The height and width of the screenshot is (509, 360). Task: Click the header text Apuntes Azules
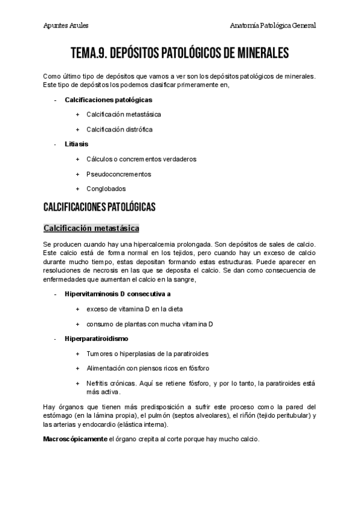click(x=66, y=26)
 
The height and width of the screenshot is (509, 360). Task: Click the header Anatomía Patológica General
click(x=273, y=26)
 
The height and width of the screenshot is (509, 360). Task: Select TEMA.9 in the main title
click(x=89, y=53)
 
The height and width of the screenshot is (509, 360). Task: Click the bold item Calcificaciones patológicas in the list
click(x=108, y=99)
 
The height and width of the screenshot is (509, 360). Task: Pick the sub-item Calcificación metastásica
click(x=123, y=114)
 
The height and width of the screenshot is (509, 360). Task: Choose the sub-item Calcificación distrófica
click(x=119, y=129)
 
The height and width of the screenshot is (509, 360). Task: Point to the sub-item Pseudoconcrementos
click(x=118, y=174)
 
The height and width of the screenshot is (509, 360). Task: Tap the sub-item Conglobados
click(x=106, y=188)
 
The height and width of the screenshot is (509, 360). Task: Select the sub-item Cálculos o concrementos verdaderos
click(x=141, y=159)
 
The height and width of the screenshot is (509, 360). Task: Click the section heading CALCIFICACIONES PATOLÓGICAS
click(x=100, y=207)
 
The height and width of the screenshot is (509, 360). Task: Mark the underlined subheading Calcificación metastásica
click(x=91, y=228)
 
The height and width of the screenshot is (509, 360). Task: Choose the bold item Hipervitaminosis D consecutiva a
click(x=118, y=294)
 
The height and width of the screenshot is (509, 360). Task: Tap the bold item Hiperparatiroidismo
click(x=96, y=339)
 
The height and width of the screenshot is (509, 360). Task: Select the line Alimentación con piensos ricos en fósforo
click(x=148, y=368)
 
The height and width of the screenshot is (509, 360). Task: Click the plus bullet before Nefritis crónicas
click(x=77, y=383)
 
